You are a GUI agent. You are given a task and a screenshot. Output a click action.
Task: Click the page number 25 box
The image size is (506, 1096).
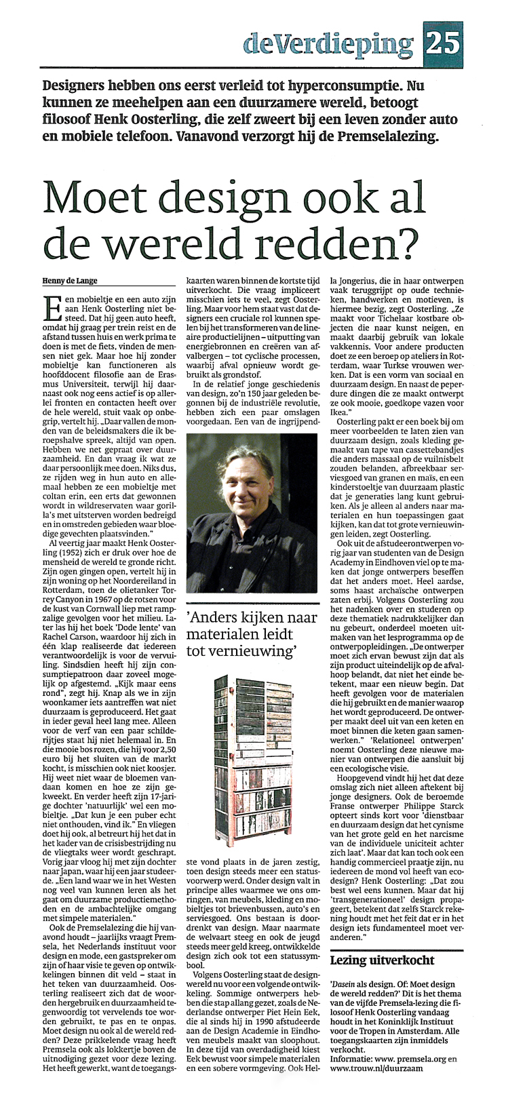click(x=443, y=45)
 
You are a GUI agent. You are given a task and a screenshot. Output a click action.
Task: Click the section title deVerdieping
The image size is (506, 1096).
click(x=330, y=45)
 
